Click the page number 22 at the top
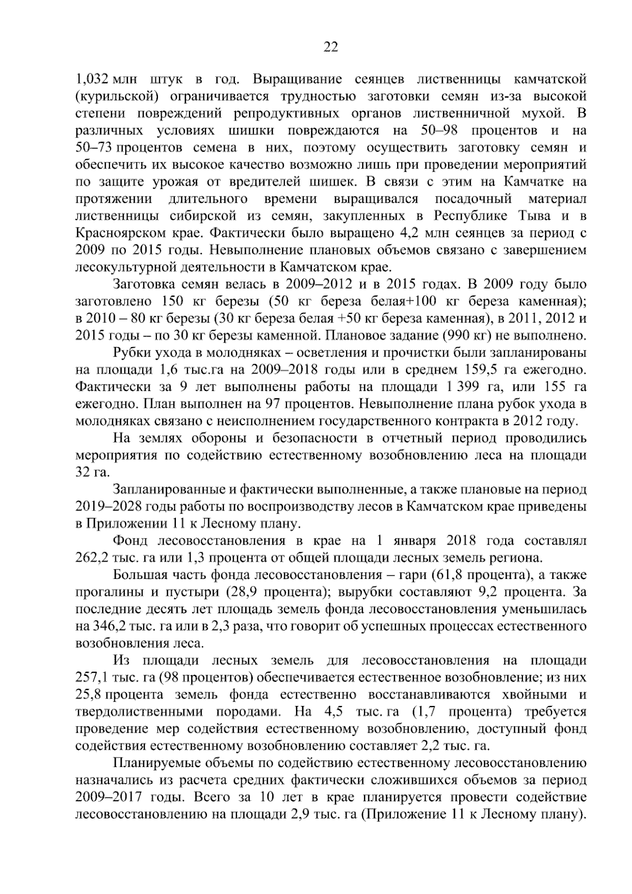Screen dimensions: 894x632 pyautogui.click(x=330, y=47)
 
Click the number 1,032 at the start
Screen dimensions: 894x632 pyautogui.click(x=92, y=80)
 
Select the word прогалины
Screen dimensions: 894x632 pyautogui.click(x=110, y=592)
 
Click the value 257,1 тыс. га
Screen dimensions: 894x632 pyautogui.click(x=109, y=677)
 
